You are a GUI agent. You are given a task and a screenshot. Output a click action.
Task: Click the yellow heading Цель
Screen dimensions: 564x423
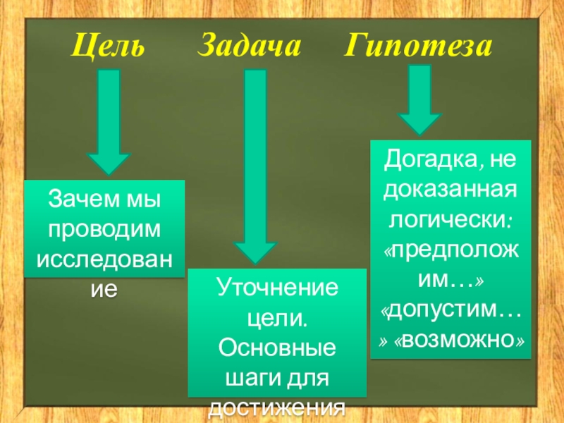[x=110, y=47]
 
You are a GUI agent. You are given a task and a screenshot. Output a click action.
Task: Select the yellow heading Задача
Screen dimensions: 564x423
[x=249, y=47]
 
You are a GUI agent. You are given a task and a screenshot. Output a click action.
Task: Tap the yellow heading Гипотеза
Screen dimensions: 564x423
[x=418, y=47]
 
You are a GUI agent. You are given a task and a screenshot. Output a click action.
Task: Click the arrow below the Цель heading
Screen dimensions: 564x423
[x=109, y=123]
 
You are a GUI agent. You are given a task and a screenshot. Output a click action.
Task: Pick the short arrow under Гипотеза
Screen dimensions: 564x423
[x=419, y=99]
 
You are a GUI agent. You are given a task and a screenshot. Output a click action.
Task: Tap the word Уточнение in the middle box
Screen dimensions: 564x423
[x=277, y=288]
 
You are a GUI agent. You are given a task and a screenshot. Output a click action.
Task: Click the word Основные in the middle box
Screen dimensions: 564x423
[x=277, y=348]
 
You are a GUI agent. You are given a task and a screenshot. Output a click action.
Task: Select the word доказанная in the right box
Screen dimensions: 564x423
[x=450, y=189]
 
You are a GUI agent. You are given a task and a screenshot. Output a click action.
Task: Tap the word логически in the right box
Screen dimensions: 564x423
[x=448, y=219]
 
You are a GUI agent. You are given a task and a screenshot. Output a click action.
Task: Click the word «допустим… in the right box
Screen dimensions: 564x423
[x=450, y=310]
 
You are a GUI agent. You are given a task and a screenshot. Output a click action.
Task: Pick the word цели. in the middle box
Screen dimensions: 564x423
[x=277, y=318]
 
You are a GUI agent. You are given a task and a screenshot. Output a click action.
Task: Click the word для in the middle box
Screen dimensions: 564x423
[x=308, y=379]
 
